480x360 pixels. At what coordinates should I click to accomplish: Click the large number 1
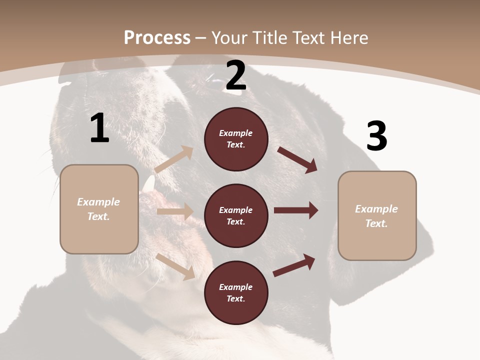coord(99,128)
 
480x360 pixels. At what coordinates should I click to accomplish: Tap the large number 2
coord(236,75)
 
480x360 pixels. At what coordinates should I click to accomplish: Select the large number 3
coord(376,136)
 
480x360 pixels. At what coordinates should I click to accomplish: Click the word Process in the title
coord(157,37)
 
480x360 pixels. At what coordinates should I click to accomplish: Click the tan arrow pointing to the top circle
coord(174,159)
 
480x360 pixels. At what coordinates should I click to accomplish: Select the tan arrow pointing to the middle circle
coord(175,211)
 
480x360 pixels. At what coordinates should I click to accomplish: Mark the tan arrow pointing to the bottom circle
coord(175,266)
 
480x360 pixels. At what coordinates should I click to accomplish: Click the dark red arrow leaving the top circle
coord(297,160)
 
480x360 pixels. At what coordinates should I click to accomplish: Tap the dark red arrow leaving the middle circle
coord(296,210)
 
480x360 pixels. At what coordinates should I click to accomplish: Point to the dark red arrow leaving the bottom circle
coord(294,265)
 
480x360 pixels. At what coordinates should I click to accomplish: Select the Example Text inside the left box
coord(98,209)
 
